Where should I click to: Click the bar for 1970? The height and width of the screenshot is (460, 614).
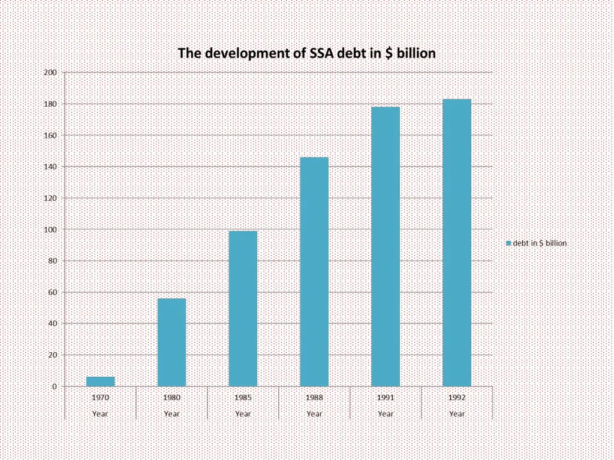tap(100, 382)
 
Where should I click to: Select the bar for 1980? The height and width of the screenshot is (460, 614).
tap(171, 342)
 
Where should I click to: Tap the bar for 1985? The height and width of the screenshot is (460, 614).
tap(243, 308)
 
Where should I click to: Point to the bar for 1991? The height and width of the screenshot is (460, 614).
tap(386, 246)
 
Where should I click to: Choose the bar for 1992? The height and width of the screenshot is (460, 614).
tap(457, 243)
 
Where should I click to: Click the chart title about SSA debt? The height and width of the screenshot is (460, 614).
tap(306, 53)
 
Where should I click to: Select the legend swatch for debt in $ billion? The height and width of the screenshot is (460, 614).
tap(508, 243)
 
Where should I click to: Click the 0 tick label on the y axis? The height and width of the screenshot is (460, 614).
tap(54, 387)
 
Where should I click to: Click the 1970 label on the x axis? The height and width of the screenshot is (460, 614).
tap(100, 397)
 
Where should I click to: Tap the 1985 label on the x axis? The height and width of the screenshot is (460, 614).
tap(243, 397)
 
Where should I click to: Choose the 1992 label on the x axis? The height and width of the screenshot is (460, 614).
tap(457, 397)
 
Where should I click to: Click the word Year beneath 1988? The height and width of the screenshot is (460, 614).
tap(314, 413)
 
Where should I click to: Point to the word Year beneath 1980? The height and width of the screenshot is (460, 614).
tap(171, 413)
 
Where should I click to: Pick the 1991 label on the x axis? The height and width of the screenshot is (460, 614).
tap(386, 397)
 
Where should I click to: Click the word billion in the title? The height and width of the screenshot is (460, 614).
tap(416, 53)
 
